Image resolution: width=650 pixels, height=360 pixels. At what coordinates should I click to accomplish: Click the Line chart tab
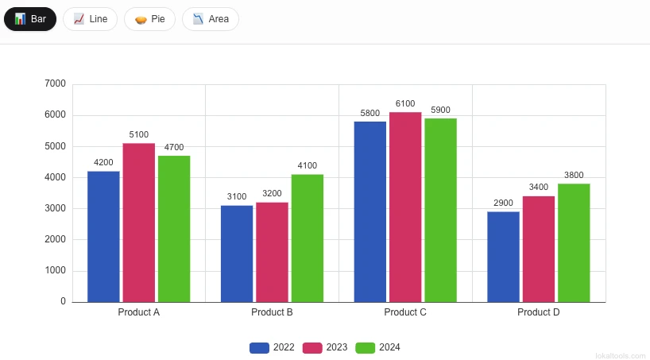(90, 19)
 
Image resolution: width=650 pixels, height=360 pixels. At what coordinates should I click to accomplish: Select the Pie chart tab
(149, 19)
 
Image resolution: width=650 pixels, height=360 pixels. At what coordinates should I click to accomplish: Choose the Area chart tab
(210, 19)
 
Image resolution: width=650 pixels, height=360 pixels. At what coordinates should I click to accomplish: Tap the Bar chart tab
(30, 19)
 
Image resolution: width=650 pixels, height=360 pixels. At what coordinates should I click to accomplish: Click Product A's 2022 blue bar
(103, 236)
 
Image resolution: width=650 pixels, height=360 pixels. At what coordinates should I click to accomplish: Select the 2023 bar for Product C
(405, 207)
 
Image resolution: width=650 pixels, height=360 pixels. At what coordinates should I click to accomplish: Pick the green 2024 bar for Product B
(307, 238)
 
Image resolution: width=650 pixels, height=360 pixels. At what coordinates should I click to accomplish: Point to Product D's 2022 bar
(503, 256)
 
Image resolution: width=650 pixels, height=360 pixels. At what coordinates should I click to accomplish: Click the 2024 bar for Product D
(574, 242)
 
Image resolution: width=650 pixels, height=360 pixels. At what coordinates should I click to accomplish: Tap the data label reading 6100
(405, 104)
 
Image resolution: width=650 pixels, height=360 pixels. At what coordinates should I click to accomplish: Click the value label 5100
(138, 135)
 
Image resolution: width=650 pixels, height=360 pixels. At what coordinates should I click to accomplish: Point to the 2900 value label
(503, 203)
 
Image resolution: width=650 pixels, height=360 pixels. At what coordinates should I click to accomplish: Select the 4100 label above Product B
(307, 166)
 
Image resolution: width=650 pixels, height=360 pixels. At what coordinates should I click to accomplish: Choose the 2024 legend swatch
(365, 347)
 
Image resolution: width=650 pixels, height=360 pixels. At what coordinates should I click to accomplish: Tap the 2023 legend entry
(325, 347)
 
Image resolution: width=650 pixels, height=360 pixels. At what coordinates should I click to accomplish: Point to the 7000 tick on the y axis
(56, 83)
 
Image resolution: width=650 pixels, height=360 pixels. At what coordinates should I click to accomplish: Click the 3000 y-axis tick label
(56, 208)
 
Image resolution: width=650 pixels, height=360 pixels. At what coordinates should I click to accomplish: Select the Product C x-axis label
(405, 312)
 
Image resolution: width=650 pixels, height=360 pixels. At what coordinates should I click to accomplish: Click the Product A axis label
(138, 312)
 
